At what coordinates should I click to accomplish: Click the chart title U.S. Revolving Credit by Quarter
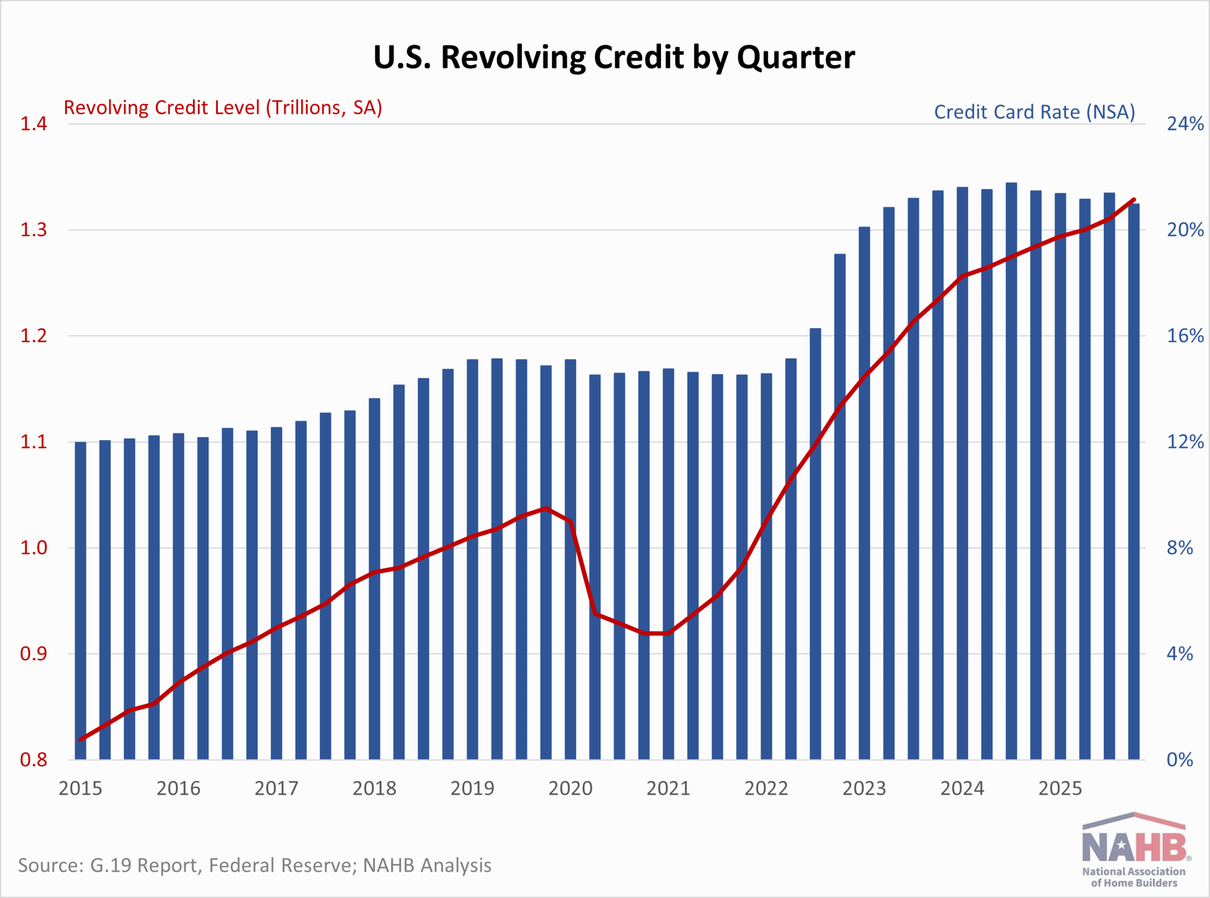pyautogui.click(x=614, y=57)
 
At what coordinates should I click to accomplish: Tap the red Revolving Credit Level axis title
pyautogui.click(x=223, y=108)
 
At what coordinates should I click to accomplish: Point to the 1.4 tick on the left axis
pyautogui.click(x=34, y=124)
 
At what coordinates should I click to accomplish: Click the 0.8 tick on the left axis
pyautogui.click(x=34, y=760)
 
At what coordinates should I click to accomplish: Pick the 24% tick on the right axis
pyautogui.click(x=1185, y=124)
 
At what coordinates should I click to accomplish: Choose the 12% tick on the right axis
pyautogui.click(x=1185, y=442)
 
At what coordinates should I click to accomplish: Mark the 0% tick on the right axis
pyautogui.click(x=1180, y=760)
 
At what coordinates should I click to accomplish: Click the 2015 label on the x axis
pyautogui.click(x=80, y=789)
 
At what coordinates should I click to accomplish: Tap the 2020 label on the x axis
pyautogui.click(x=570, y=789)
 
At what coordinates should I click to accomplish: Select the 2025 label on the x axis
pyautogui.click(x=1060, y=789)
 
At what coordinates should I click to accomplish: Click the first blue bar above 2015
pyautogui.click(x=80, y=598)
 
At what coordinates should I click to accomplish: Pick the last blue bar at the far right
pyautogui.click(x=1133, y=489)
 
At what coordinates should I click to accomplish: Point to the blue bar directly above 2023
pyautogui.click(x=864, y=489)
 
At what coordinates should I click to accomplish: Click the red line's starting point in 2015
pyautogui.click(x=81, y=740)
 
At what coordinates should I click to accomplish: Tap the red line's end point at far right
pyautogui.click(x=1133, y=200)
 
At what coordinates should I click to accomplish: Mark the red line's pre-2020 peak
pyautogui.click(x=546, y=508)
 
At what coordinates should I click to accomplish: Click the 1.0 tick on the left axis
pyautogui.click(x=34, y=548)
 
